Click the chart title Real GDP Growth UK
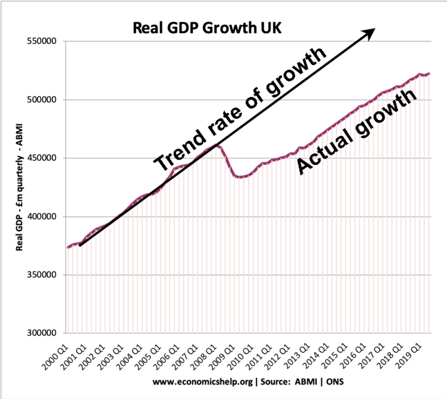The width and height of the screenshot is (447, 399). click(x=207, y=27)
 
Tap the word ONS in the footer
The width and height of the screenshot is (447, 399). click(x=327, y=383)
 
